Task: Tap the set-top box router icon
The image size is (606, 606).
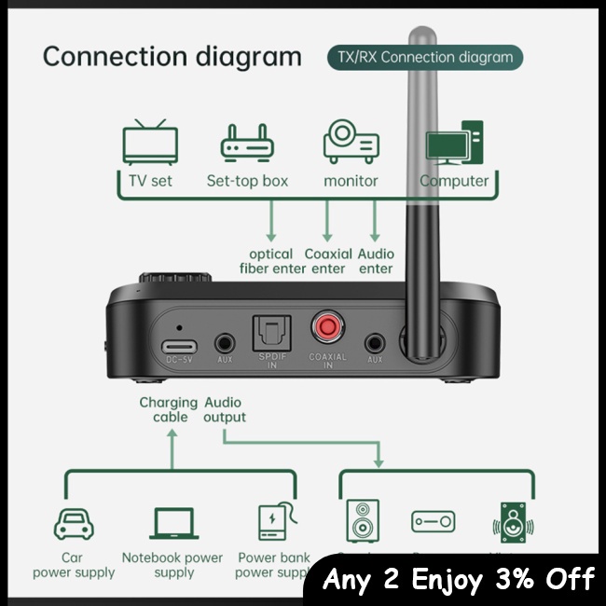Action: (x=247, y=144)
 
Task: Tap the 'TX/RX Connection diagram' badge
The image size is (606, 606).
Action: (x=424, y=57)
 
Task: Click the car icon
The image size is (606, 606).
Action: (x=74, y=524)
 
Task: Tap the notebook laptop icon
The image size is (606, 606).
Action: (x=173, y=523)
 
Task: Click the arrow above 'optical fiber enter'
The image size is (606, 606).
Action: (x=272, y=223)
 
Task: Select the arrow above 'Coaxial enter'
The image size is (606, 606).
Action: (x=327, y=223)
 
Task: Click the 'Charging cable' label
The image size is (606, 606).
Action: (x=169, y=409)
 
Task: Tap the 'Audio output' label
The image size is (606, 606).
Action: (x=225, y=409)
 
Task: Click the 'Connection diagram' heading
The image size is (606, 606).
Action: (x=172, y=56)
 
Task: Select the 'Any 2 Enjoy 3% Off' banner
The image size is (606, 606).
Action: (x=458, y=580)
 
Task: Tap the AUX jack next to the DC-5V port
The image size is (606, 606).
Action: (x=224, y=343)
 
